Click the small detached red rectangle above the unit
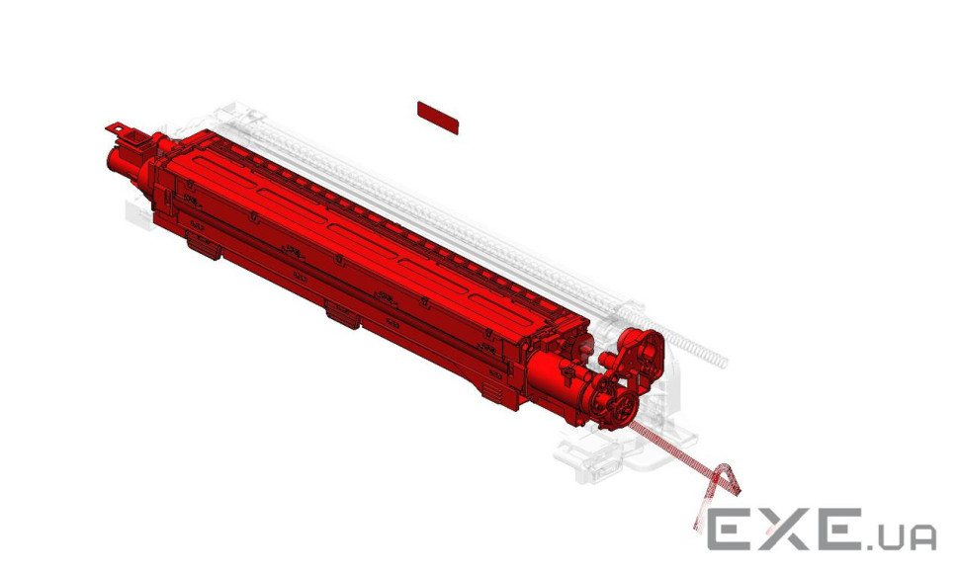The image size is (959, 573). click(437, 118)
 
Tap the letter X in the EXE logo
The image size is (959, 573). click(788, 529)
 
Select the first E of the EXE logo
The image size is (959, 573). click(733, 529)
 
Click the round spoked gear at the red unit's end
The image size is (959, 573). click(623, 405)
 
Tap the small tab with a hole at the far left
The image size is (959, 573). click(117, 128)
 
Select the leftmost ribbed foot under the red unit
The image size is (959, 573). click(204, 248)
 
